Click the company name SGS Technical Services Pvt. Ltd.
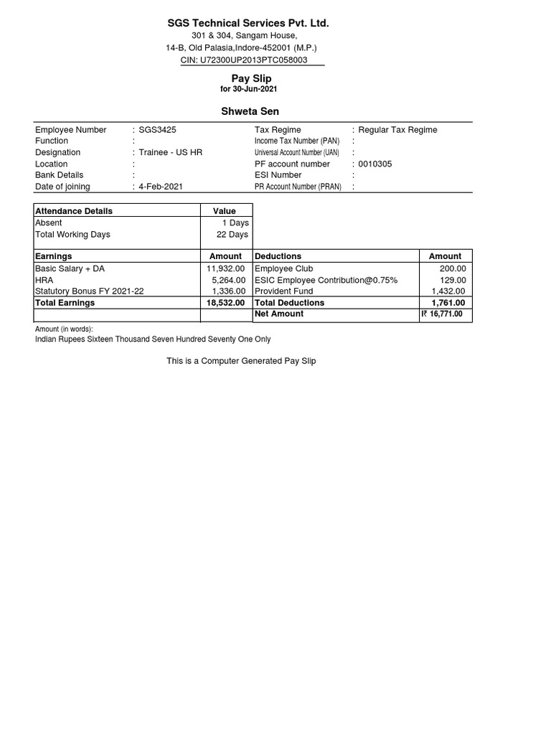coord(248,23)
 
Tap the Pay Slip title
coord(251,78)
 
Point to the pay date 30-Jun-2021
coord(255,89)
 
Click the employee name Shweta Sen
coord(249,111)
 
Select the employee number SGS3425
coord(157,130)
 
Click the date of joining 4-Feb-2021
coord(161,187)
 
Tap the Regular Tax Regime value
coord(397,130)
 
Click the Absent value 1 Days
coord(235,223)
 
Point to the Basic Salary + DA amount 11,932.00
coord(226,268)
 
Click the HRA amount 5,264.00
coord(229,280)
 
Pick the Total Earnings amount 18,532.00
coord(225,303)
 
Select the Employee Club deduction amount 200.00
coord(453,268)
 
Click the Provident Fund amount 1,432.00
coord(448,291)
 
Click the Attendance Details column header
coord(74,211)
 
